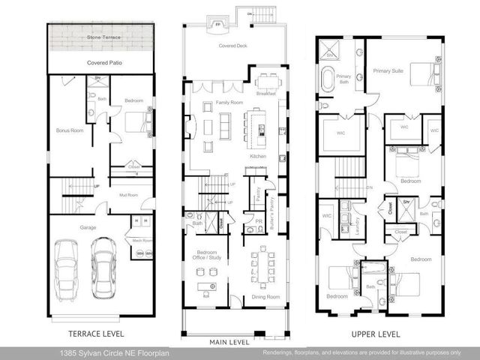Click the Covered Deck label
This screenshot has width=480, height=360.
(232, 46)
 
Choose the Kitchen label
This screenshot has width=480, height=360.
(258, 156)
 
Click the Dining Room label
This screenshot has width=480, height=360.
(264, 297)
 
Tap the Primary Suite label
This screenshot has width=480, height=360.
(388, 70)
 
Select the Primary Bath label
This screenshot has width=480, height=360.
(343, 79)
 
